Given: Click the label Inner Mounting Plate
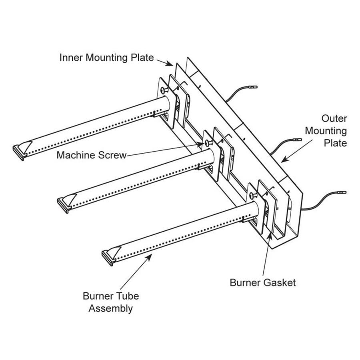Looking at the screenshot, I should pyautogui.click(x=106, y=58).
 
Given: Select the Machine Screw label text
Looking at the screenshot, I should pyautogui.click(x=91, y=155).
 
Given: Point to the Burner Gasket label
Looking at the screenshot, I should pyautogui.click(x=263, y=283).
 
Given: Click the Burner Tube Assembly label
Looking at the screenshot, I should pyautogui.click(x=111, y=302).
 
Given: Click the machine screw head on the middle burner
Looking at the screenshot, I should pyautogui.click(x=208, y=142).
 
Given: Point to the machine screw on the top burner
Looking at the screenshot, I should pyautogui.click(x=164, y=91).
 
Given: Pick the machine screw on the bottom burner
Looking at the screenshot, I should pyautogui.click(x=252, y=196).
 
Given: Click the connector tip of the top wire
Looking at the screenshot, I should pyautogui.click(x=253, y=87).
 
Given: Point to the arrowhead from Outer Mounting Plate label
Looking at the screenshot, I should pyautogui.click(x=282, y=161).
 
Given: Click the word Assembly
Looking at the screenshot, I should pyautogui.click(x=111, y=308).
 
